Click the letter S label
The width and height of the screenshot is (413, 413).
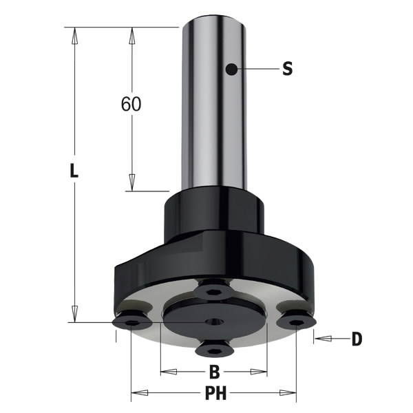pos(287,68)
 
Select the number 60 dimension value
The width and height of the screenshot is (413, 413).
pos(131,104)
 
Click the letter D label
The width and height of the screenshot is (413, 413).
pos(357,339)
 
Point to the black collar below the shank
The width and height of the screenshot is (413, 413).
pos(213,213)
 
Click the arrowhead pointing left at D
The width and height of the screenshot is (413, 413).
pos(321,339)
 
